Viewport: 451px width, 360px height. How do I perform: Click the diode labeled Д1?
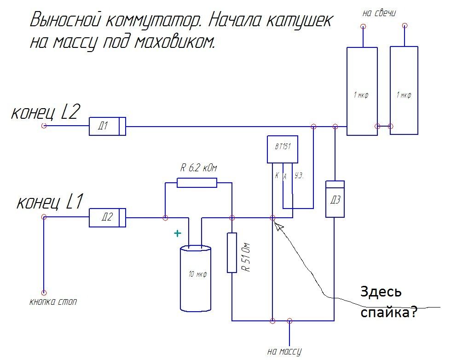point(107,126)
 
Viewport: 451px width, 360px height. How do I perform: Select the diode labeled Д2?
point(107,217)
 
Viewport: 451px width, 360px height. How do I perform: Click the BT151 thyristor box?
point(282,149)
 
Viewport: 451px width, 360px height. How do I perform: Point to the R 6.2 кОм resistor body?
point(197,182)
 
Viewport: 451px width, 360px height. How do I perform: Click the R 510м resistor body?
point(232,252)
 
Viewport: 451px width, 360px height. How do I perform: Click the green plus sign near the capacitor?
point(178,234)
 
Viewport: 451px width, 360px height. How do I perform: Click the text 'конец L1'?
point(49,202)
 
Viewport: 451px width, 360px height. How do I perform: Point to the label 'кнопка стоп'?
point(53,302)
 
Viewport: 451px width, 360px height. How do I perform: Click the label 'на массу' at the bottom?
point(284,352)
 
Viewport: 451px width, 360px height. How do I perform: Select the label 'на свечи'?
point(379,13)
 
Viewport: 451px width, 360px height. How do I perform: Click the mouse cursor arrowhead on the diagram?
point(277,224)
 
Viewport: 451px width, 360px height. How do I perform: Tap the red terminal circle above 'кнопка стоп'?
point(44,292)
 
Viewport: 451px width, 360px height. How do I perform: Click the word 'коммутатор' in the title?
point(151,20)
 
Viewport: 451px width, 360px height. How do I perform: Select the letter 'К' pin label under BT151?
point(277,175)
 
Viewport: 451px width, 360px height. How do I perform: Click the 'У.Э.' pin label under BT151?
point(300,176)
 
